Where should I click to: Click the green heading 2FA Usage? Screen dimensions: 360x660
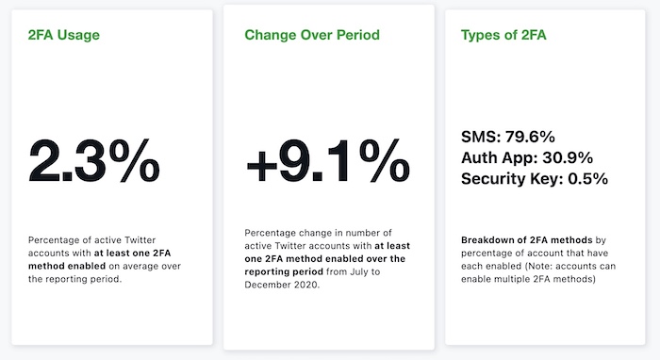point(64,36)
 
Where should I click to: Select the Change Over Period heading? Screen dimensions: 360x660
point(311,36)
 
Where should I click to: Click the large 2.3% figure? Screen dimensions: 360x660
point(94,162)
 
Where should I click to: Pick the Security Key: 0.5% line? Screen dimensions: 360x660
point(535,178)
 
